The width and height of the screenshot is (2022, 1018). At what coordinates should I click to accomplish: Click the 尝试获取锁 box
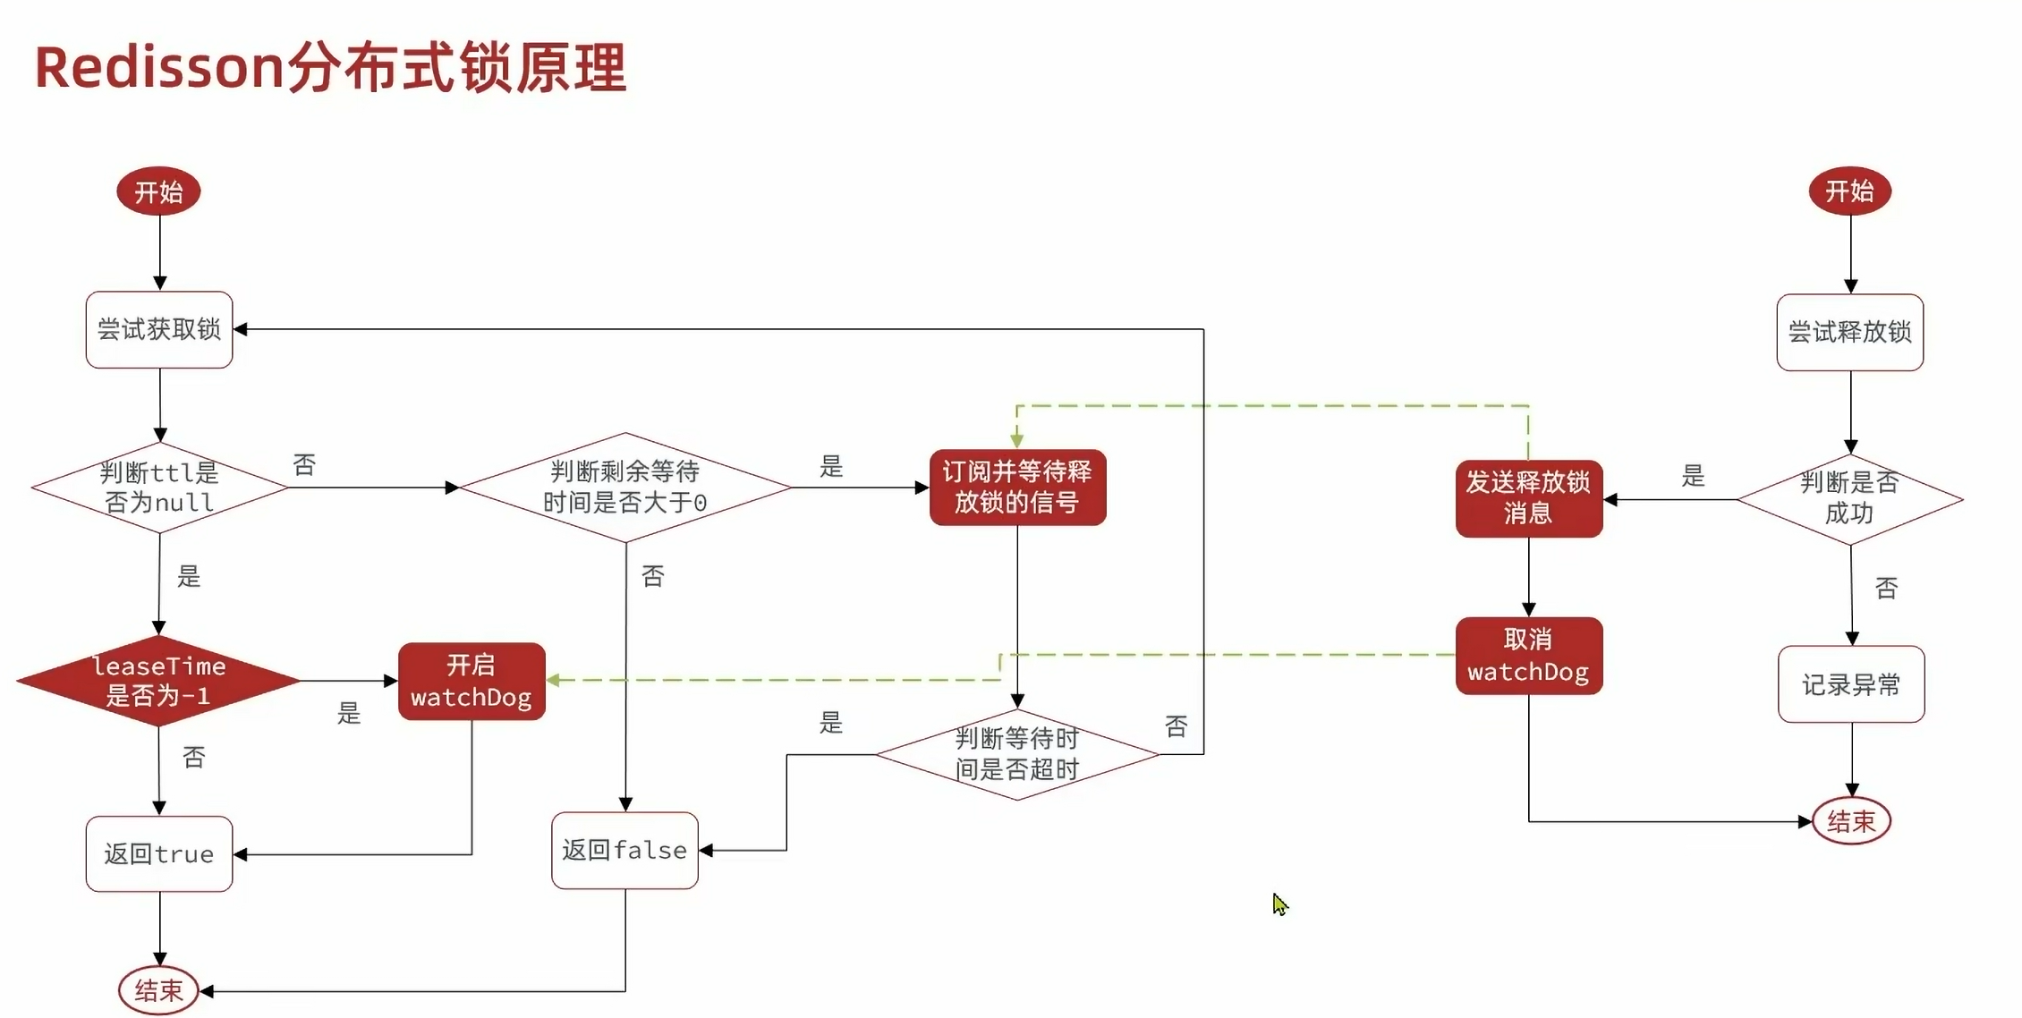(x=159, y=330)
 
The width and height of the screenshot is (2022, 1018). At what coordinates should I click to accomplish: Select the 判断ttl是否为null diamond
(x=159, y=488)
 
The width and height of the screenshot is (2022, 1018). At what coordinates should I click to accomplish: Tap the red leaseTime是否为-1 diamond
(x=158, y=681)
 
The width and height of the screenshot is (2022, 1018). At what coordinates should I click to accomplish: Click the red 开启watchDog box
(x=472, y=682)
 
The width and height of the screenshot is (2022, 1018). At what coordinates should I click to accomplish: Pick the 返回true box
(x=159, y=854)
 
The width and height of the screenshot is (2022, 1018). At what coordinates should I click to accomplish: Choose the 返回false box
(x=624, y=851)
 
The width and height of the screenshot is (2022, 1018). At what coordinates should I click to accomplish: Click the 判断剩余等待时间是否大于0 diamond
(x=624, y=488)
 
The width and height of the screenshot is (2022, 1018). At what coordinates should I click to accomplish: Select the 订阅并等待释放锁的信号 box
(x=1017, y=488)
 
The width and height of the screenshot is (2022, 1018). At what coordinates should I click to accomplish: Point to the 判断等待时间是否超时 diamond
(x=1017, y=754)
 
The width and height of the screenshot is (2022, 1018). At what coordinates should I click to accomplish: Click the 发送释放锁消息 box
(x=1528, y=498)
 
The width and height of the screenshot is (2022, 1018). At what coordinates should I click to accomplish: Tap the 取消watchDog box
(x=1528, y=656)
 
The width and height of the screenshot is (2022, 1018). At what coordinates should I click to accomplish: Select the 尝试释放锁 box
(x=1849, y=333)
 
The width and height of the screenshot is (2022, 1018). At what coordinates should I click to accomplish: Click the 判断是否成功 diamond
(x=1849, y=498)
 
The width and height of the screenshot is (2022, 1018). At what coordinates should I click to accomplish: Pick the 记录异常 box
(x=1851, y=684)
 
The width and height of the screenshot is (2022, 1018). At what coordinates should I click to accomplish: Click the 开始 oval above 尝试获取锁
(x=158, y=191)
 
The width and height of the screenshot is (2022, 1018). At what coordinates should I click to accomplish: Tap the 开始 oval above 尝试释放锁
(x=1849, y=191)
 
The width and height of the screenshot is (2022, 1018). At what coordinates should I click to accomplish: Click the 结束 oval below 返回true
(x=158, y=990)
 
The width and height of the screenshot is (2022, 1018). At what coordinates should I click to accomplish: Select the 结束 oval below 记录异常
(x=1851, y=821)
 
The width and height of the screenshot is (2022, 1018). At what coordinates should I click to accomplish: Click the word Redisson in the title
(x=159, y=67)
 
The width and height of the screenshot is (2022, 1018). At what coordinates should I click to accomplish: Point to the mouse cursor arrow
(x=1279, y=903)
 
